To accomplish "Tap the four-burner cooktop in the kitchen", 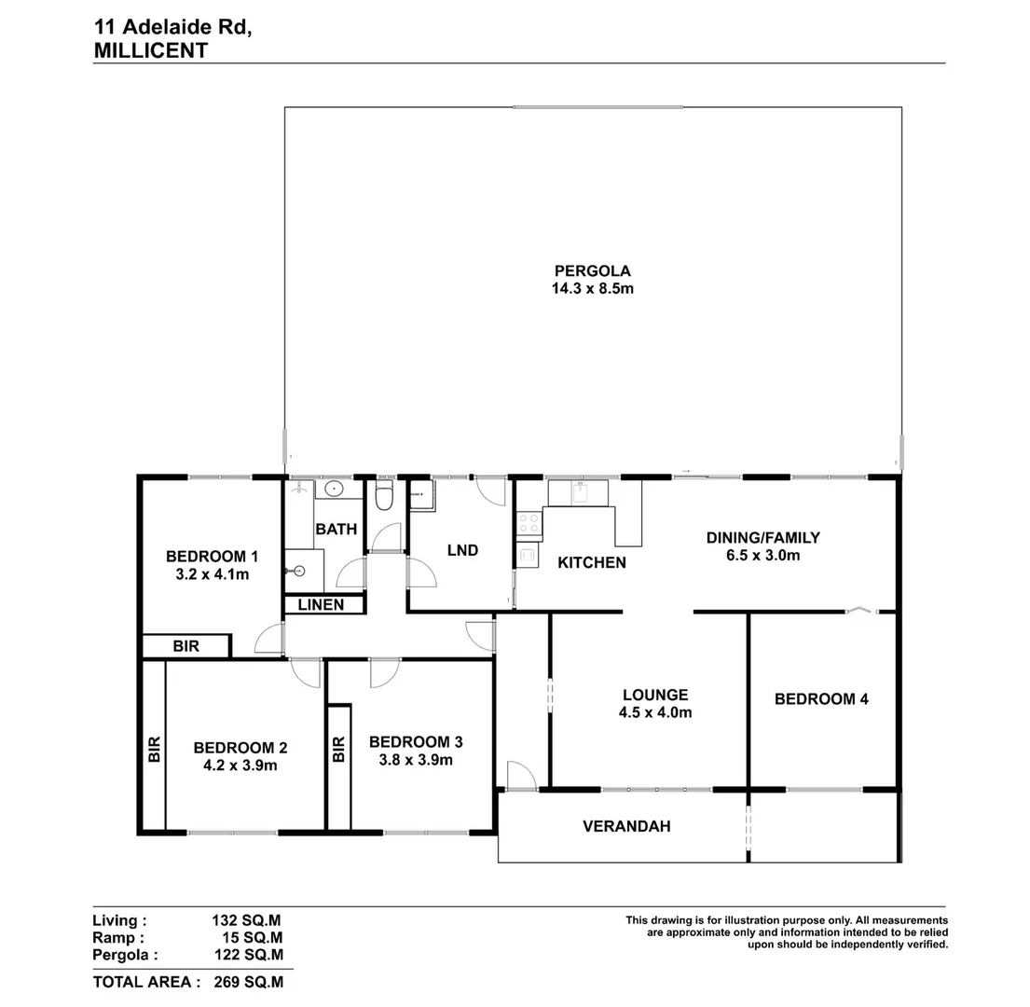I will [529, 524].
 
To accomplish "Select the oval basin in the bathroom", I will [333, 490].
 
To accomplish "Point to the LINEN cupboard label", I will [321, 605].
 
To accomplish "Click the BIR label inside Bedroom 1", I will [185, 645].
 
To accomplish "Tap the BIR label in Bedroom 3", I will [338, 749].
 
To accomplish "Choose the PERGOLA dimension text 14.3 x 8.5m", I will [593, 289].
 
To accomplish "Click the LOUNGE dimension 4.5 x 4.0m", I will [655, 712].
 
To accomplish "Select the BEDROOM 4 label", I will [821, 698].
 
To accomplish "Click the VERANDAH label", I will [626, 826].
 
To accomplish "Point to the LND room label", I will [462, 550].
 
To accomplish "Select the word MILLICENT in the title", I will [151, 51].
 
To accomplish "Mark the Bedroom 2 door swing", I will [305, 673].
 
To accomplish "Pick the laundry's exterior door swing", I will [490, 490].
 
